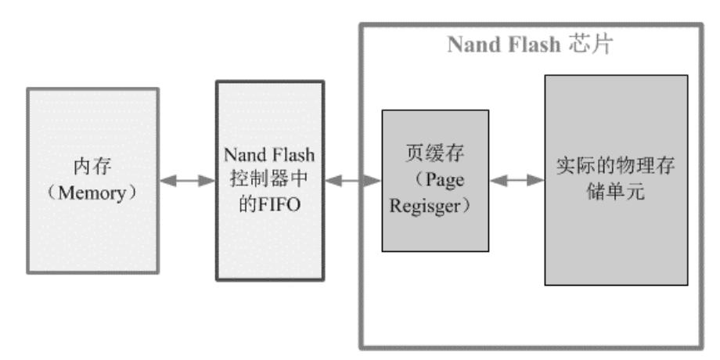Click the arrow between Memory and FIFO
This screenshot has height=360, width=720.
(x=187, y=181)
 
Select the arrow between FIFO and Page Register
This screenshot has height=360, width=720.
(x=352, y=181)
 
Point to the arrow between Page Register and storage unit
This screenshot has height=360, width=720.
(x=517, y=181)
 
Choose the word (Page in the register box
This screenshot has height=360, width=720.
(x=434, y=181)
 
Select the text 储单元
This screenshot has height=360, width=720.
(x=616, y=191)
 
